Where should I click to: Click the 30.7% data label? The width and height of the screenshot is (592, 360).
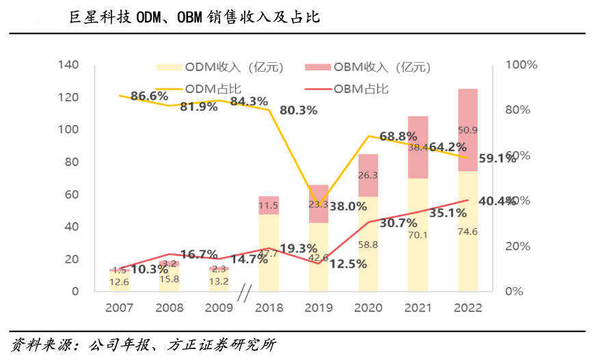coord(398,223)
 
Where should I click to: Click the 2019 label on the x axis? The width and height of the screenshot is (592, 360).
coord(319,308)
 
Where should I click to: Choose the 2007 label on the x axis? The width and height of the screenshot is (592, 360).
coord(120,308)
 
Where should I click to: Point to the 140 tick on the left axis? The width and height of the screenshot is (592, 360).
coord(70,65)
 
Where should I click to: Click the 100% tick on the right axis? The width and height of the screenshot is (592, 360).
coord(522,65)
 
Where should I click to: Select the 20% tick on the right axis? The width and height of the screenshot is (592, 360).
coord(519,246)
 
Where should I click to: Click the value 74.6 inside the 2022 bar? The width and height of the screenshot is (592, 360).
coord(468,232)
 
